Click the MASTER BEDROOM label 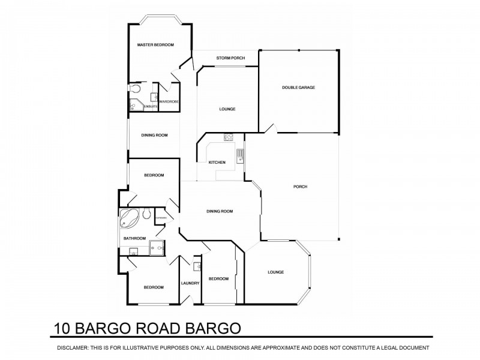coord(155,45)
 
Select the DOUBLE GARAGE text coord(298,88)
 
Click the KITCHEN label coord(217,163)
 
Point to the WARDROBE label coord(169,102)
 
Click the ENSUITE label coord(150,106)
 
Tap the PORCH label coord(300,187)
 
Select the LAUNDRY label coord(190,283)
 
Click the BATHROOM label coord(134,238)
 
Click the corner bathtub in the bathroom coord(129,219)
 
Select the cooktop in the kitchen coord(229,137)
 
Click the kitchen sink coord(239,156)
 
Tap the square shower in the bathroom coord(158,247)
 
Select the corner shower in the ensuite coord(134,106)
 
